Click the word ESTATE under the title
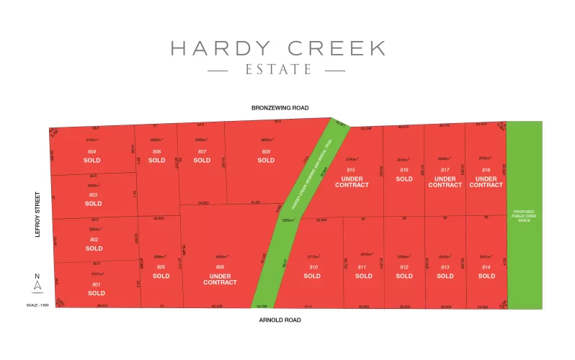pyautogui.click(x=277, y=71)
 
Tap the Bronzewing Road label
pyautogui.click(x=280, y=108)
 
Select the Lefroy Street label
pyautogui.click(x=38, y=214)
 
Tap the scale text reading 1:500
pyautogui.click(x=38, y=306)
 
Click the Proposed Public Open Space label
pyautogui.click(x=523, y=215)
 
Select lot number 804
pyautogui.click(x=92, y=151)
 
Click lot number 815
pyautogui.click(x=351, y=169)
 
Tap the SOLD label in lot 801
pyautogui.click(x=97, y=293)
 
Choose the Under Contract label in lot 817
pyautogui.click(x=445, y=181)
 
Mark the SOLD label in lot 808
pyautogui.click(x=266, y=160)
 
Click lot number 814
pyautogui.click(x=486, y=267)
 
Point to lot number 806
pyautogui.click(x=157, y=151)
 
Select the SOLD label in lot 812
pyautogui.click(x=404, y=276)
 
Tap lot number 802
pyautogui.click(x=94, y=239)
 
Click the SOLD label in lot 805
pyautogui.click(x=161, y=276)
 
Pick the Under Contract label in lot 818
pyautogui.click(x=486, y=181)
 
